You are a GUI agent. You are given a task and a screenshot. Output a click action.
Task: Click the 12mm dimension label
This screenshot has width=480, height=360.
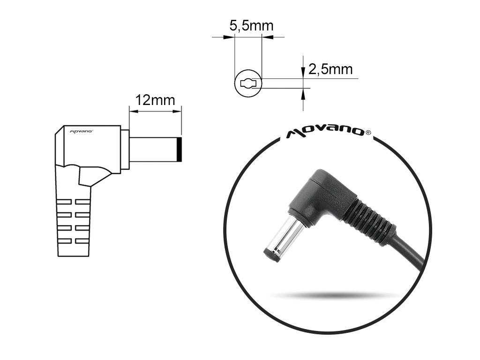coord(155,100)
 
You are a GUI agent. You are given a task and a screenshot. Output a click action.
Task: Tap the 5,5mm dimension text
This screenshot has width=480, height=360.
coord(251,26)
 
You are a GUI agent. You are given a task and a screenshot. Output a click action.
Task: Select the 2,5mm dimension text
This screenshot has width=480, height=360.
coord(330,70)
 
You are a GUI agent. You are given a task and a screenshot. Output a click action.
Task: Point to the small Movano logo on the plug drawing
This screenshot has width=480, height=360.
coord(82,132)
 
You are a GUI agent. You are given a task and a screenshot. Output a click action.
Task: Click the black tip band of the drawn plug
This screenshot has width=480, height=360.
coord(179,150)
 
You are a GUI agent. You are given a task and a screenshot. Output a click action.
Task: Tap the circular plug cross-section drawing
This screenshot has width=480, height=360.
coord(247,84)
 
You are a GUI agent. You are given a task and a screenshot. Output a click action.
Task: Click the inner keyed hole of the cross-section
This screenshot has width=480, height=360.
coord(248,84)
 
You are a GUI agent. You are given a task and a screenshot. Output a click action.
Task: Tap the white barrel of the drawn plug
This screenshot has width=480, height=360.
coord(152,150)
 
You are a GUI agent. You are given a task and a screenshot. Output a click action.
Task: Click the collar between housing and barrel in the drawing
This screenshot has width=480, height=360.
coord(125,150)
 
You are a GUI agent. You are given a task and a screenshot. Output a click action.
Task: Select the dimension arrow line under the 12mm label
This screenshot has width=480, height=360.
coord(155,111)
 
